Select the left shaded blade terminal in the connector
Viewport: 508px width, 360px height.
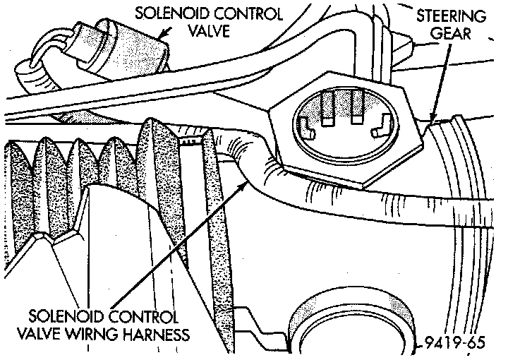[327, 108]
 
